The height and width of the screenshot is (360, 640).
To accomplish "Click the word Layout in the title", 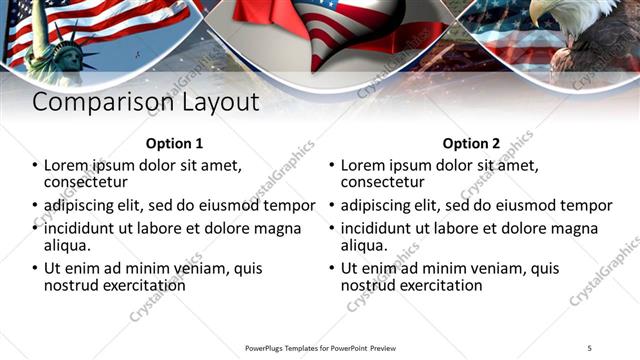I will (221, 102).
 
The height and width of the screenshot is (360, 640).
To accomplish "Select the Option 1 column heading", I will (174, 143).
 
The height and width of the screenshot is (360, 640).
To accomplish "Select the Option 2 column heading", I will (471, 143).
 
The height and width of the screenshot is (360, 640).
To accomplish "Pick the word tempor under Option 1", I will (288, 206).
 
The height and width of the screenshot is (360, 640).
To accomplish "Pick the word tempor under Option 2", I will (585, 206).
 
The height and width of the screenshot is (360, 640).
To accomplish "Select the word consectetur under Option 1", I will (85, 182).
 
